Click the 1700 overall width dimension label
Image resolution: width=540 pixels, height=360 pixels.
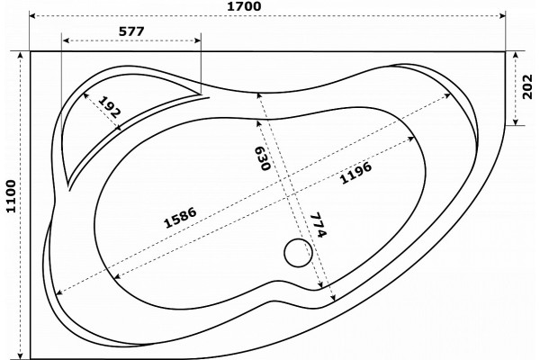pyautogui.click(x=244, y=6)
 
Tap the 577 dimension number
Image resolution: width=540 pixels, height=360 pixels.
pyautogui.click(x=131, y=31)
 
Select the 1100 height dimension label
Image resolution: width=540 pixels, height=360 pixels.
pyautogui.click(x=11, y=196)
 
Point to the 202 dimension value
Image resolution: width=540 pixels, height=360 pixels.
pyautogui.click(x=527, y=86)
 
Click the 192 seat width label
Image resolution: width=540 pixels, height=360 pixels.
pyautogui.click(x=110, y=107)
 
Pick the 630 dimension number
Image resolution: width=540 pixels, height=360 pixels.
pyautogui.click(x=262, y=158)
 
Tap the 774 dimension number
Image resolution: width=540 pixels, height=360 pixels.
pyautogui.click(x=318, y=225)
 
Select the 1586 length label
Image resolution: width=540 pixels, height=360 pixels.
pyautogui.click(x=180, y=218)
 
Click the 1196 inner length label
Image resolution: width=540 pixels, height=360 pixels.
pyautogui.click(x=355, y=173)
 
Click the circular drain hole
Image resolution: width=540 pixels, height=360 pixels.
pyautogui.click(x=298, y=253)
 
